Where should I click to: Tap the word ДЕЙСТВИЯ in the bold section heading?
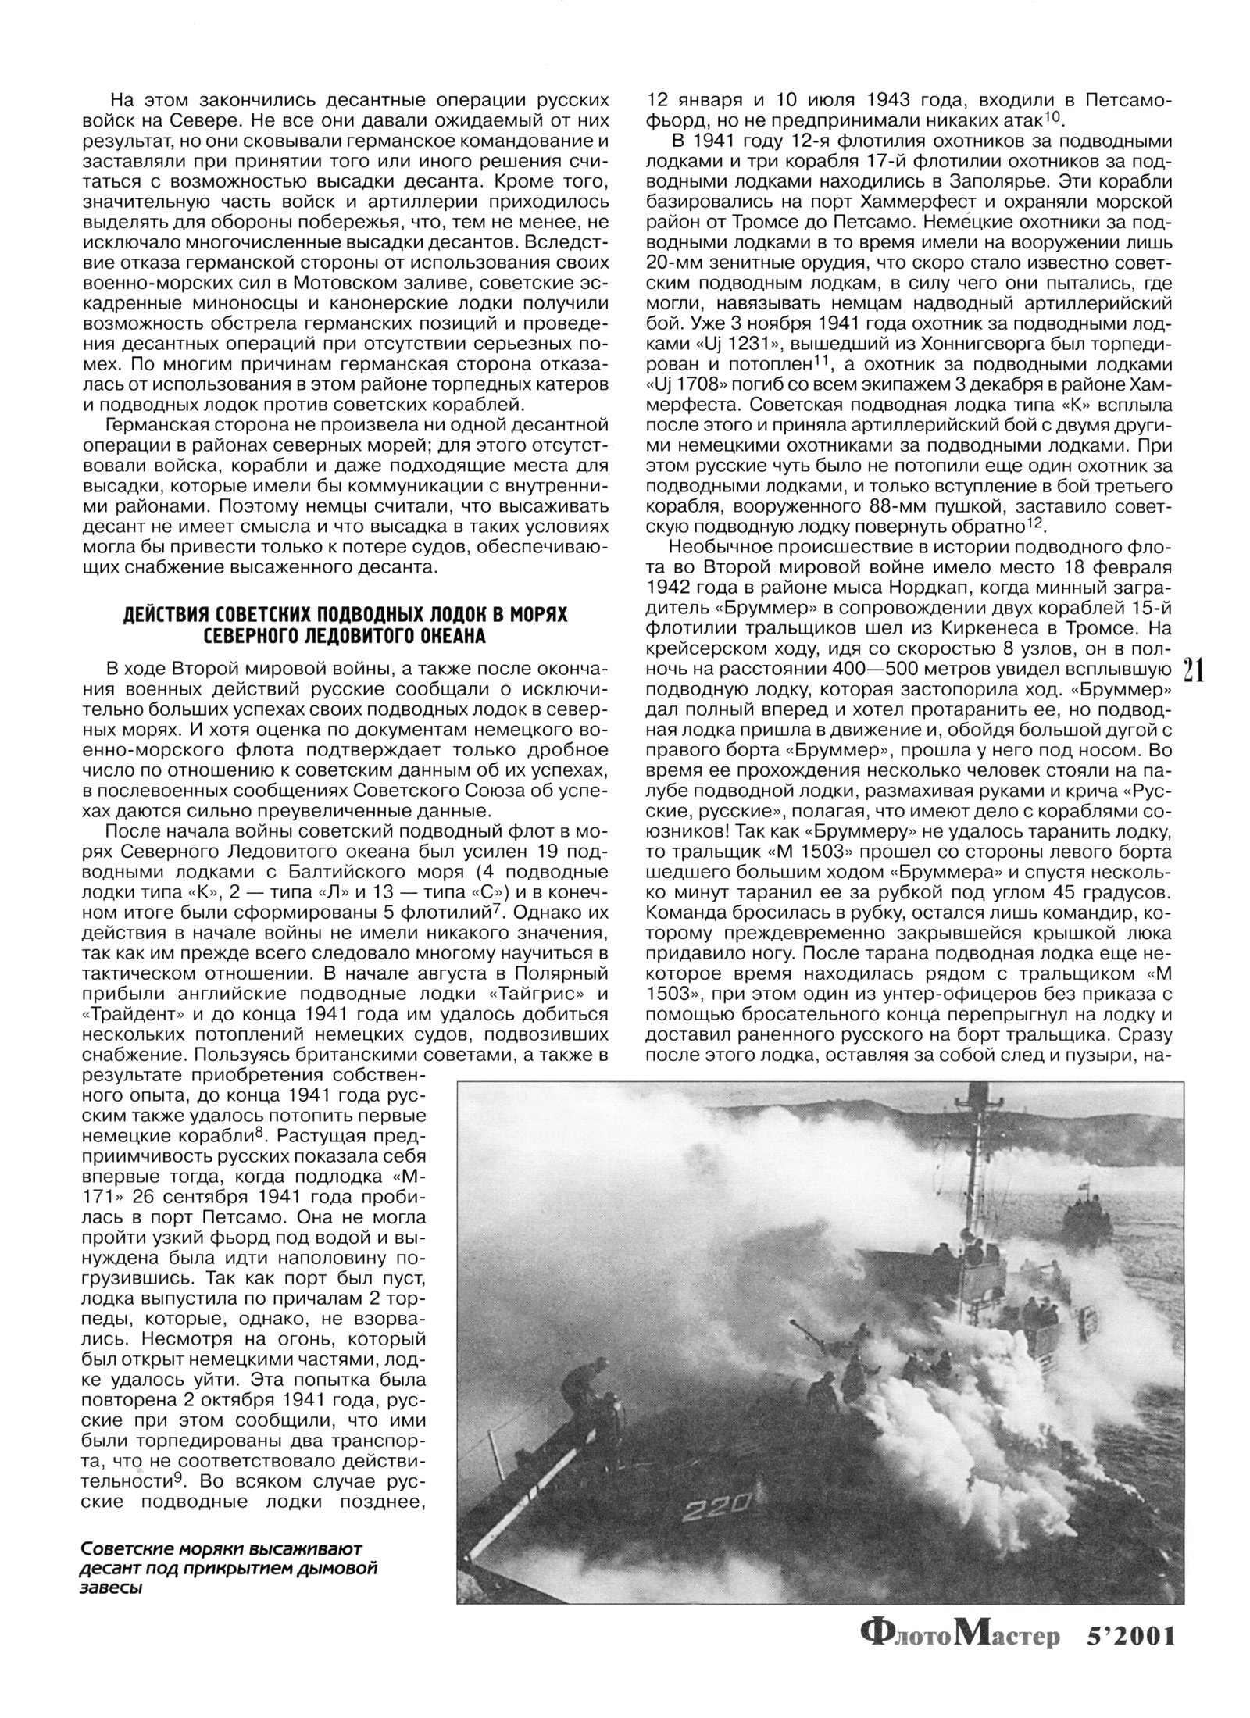[x=166, y=615]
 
